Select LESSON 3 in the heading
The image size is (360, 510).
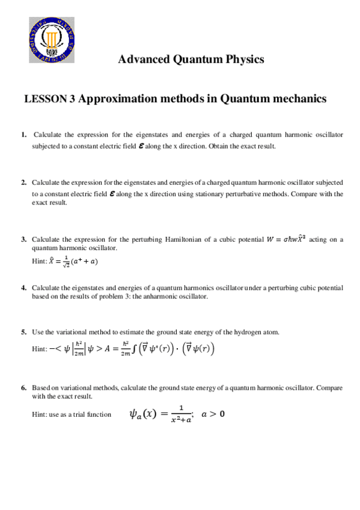click(49, 99)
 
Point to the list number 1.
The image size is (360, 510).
click(23, 135)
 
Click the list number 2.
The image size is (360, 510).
click(23, 182)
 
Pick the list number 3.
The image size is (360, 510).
click(23, 239)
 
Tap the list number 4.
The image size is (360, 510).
click(23, 288)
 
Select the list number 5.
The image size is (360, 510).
click(23, 332)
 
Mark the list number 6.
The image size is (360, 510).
click(23, 388)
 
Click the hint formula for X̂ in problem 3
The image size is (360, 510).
click(74, 260)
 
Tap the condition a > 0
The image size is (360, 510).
click(213, 414)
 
